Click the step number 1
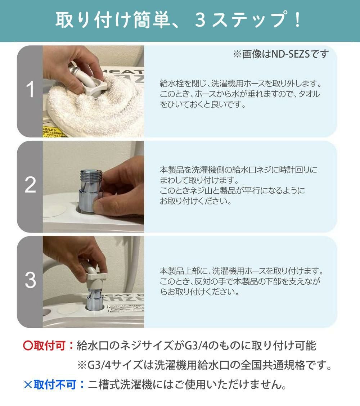30,90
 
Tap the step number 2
30,185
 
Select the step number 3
30,280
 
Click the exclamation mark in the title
298,20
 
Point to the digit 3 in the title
201,20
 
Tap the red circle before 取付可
28,346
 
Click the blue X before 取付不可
28,385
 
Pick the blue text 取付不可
55,384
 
